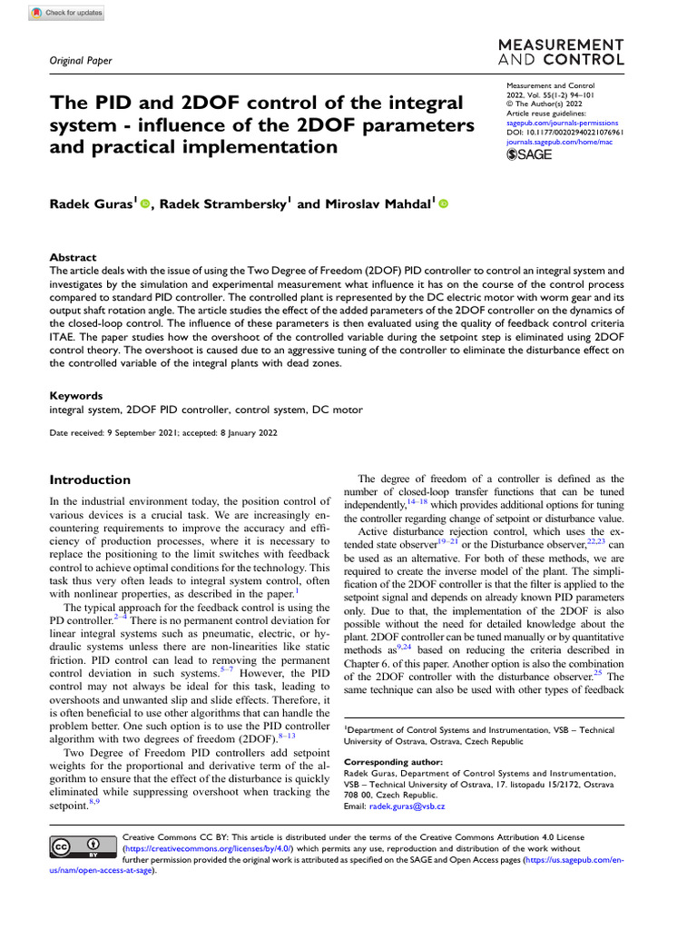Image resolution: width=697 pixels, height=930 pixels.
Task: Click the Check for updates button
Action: (x=66, y=14)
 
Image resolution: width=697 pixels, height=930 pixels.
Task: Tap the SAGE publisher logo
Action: (x=528, y=155)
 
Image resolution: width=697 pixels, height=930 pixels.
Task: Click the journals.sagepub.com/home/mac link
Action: (x=559, y=143)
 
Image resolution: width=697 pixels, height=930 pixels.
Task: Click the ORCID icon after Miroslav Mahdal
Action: (x=444, y=205)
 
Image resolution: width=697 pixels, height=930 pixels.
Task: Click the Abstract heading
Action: (x=73, y=258)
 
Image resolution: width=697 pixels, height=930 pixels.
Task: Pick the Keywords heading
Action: (x=75, y=396)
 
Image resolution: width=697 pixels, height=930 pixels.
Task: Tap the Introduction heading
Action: (x=90, y=480)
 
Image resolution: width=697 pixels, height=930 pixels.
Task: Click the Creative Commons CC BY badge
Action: (x=75, y=847)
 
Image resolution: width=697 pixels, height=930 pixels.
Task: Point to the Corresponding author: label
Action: (x=394, y=761)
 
